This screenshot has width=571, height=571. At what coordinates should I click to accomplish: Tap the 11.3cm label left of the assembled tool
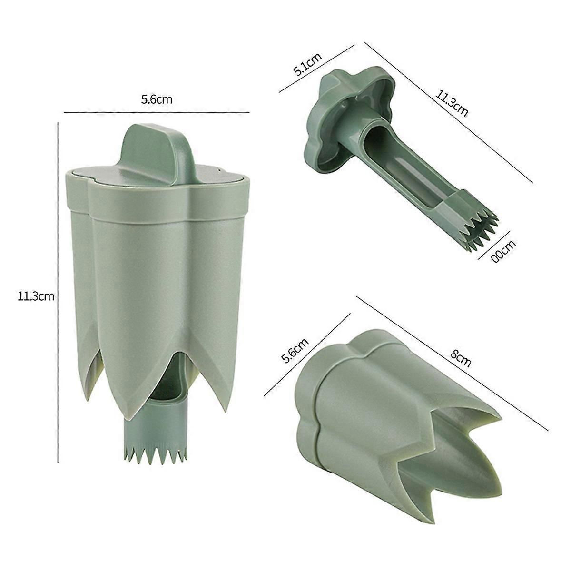coord(36,296)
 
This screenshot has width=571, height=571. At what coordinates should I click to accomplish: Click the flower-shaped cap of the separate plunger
coord(347,119)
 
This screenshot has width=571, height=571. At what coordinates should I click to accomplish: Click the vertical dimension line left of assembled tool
coord(58,290)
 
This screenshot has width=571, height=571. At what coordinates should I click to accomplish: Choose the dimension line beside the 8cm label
coord(452,364)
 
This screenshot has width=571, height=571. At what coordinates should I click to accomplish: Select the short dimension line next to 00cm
coord(493,245)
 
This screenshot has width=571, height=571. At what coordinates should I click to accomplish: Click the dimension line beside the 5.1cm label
coord(316,68)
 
